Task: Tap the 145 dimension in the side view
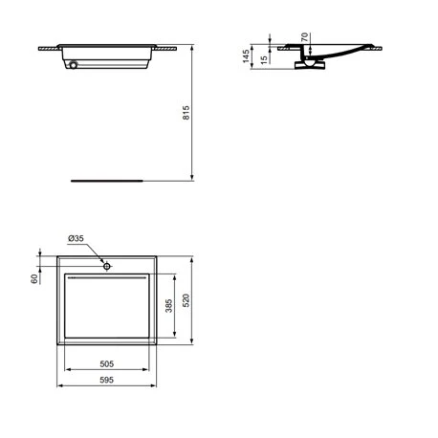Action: point(246,56)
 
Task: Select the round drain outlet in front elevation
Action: point(73,66)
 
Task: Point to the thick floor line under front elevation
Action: point(107,178)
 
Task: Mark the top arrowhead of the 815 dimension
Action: point(192,48)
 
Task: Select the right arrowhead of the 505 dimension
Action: point(151,370)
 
